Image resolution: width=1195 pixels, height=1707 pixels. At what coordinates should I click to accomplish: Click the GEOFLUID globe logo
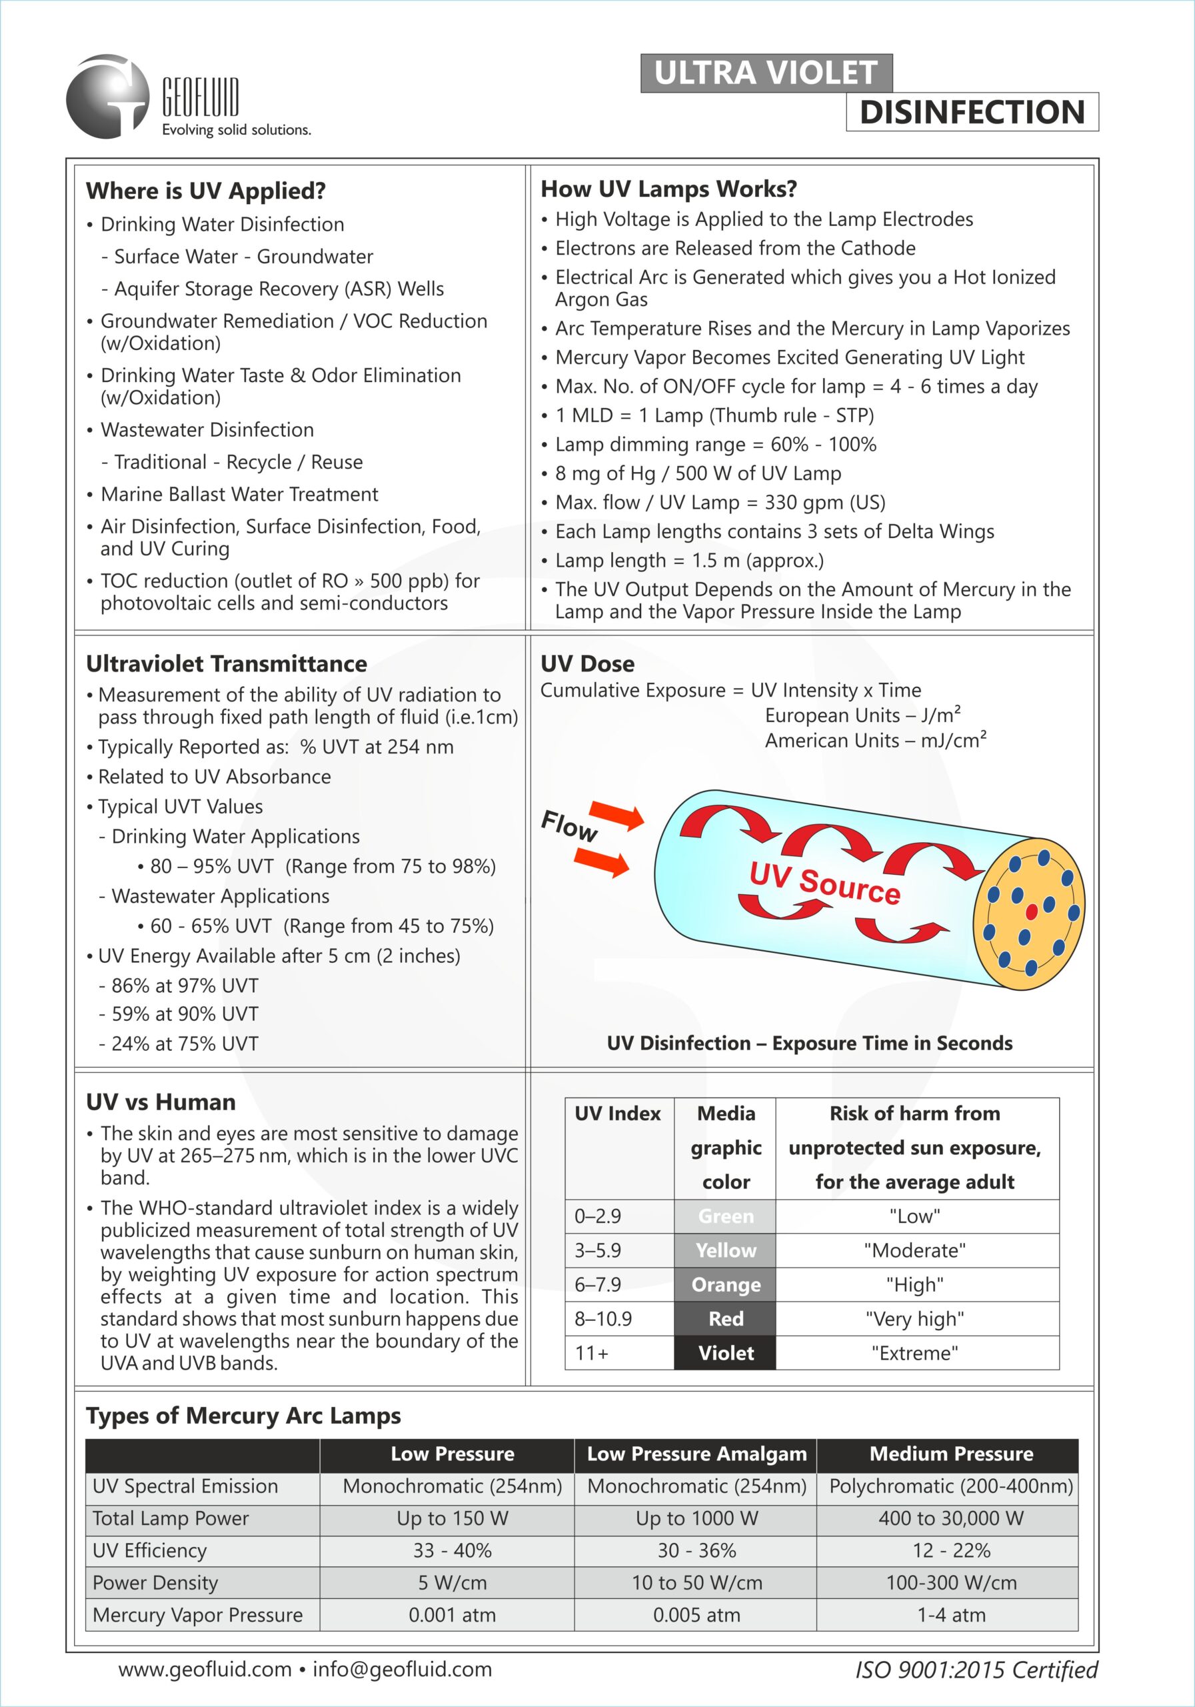coord(108,97)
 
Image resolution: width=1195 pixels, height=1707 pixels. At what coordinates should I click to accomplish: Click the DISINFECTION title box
coord(972,112)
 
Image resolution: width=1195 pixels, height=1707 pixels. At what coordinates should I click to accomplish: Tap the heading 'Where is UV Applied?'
coord(206,191)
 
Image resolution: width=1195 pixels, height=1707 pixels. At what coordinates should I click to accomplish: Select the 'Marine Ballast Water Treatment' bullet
coord(239,494)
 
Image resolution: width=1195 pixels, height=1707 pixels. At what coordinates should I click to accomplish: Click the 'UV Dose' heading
coord(587,664)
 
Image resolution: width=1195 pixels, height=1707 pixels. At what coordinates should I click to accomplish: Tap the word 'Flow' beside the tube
coord(569,825)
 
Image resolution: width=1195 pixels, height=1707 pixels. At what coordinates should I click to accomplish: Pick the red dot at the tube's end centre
coord(1032,912)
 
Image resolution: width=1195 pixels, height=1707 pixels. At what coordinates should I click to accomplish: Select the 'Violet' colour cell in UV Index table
coord(725,1353)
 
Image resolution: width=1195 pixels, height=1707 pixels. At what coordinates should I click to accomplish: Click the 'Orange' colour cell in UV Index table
coord(725,1285)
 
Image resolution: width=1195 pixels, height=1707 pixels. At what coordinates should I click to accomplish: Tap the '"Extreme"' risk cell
coord(915,1353)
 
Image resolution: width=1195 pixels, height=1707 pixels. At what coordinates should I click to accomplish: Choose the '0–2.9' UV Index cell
coord(598,1216)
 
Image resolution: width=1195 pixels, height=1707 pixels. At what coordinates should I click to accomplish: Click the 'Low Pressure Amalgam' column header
coord(696,1454)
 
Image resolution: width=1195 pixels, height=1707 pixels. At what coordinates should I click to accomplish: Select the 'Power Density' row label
coord(155,1583)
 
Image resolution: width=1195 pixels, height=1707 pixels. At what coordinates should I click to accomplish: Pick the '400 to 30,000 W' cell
coord(950,1518)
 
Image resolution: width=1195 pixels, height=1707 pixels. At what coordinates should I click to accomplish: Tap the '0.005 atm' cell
coord(696,1615)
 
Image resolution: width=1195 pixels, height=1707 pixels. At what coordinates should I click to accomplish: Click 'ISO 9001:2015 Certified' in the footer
coord(976,1670)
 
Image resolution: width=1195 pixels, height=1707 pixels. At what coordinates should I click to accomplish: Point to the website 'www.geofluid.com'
coord(205,1669)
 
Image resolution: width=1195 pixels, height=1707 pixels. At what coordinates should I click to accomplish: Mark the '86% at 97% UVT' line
coord(185,986)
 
